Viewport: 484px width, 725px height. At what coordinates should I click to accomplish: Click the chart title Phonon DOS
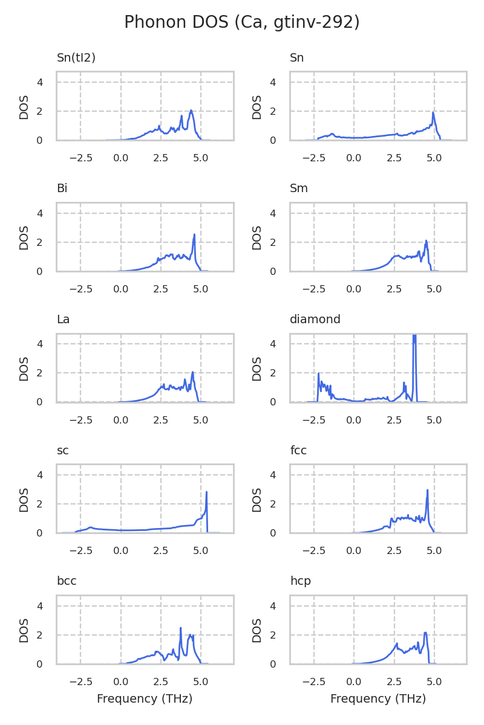click(x=241, y=22)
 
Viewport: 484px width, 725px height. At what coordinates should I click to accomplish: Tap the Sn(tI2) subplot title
click(x=76, y=58)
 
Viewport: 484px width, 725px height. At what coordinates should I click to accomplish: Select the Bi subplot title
click(x=62, y=188)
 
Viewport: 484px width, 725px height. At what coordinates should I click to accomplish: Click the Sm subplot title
click(x=299, y=188)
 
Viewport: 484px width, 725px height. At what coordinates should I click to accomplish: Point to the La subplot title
click(x=63, y=320)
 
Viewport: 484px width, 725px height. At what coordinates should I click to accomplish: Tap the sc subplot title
click(x=62, y=451)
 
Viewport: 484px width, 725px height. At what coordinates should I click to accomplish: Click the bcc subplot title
click(x=67, y=581)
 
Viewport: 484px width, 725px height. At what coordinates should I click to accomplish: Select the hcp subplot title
click(x=300, y=581)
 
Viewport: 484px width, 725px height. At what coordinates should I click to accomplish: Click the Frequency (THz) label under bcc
click(x=145, y=699)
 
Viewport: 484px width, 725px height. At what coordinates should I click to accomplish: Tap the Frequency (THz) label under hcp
click(x=378, y=699)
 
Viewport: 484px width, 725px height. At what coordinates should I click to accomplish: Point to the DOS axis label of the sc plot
click(x=24, y=499)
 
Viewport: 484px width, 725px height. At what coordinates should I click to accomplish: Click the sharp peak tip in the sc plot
click(x=206, y=492)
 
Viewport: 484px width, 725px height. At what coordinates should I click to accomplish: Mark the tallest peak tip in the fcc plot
click(x=427, y=490)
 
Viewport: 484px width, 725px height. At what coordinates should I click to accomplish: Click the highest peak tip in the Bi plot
click(x=194, y=234)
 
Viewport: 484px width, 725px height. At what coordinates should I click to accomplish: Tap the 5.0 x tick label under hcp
click(x=434, y=681)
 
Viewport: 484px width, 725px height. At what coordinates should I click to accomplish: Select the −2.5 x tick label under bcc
click(x=80, y=681)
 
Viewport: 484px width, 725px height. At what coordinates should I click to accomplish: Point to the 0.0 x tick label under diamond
click(x=354, y=420)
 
